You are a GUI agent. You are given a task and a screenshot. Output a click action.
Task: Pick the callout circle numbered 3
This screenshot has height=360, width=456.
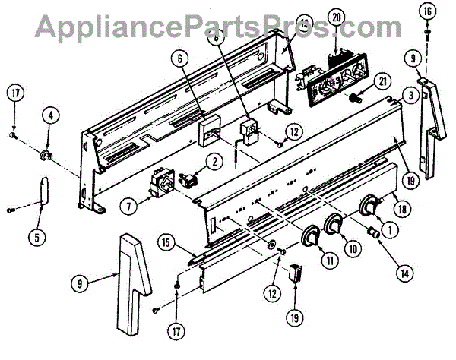pos(410,96)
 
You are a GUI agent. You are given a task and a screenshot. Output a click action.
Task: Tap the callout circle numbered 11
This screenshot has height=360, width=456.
pos(309,260)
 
